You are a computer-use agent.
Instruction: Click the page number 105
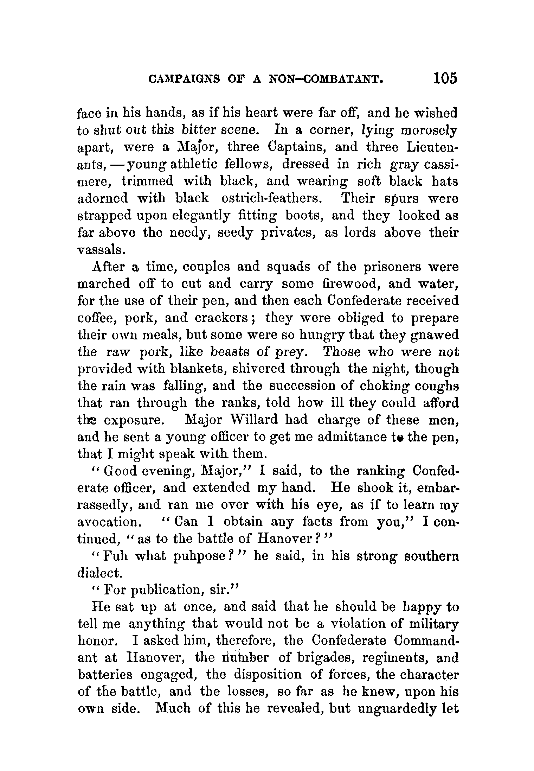click(445, 78)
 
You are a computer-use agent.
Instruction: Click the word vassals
click(101, 249)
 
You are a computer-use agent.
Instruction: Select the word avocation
click(108, 522)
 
